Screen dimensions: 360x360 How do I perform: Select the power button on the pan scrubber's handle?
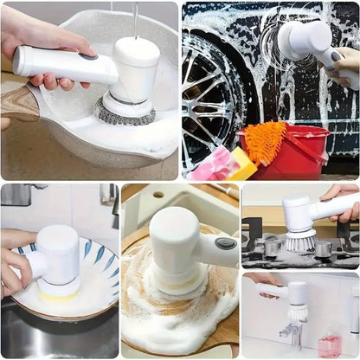point(87,55)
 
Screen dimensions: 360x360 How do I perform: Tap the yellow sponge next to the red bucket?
point(241,164)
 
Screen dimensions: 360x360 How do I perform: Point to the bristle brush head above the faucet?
point(297,312)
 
